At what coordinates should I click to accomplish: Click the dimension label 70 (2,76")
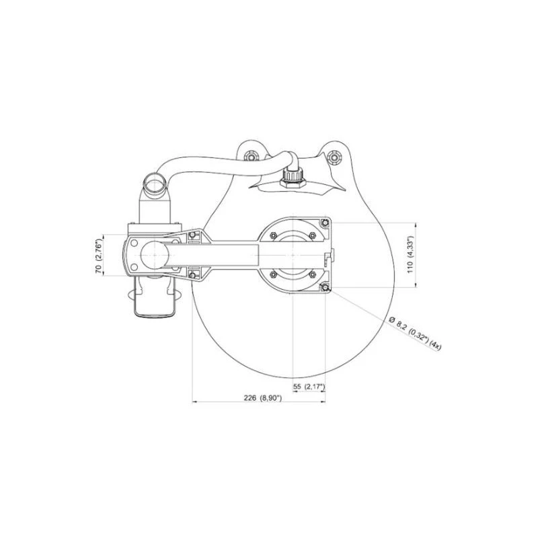click(99, 255)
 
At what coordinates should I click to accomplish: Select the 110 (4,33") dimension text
click(411, 255)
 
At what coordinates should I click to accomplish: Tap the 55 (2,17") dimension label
click(309, 387)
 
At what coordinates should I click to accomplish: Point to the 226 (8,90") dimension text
click(263, 398)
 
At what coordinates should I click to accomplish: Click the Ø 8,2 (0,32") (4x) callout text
click(414, 334)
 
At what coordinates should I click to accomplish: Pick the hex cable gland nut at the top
click(293, 179)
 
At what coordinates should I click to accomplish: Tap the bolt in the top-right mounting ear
click(334, 157)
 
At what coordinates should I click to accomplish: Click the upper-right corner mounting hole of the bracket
click(325, 223)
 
